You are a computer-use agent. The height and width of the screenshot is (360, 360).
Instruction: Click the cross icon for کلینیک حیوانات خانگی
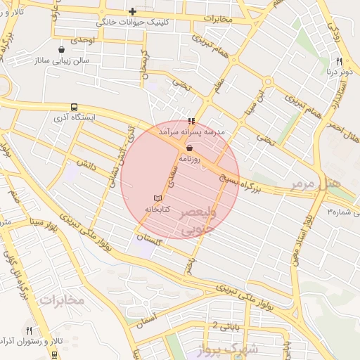coord(132,11)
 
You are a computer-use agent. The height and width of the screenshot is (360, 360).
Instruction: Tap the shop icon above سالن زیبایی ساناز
coord(63,50)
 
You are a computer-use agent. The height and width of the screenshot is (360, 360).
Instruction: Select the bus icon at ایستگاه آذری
coord(74,108)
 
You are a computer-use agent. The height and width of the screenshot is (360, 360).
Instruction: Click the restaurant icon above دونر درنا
coord(339,61)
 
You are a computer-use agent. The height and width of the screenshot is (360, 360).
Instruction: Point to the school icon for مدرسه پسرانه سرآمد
coord(192,121)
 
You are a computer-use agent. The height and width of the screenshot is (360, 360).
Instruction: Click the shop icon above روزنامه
coord(190,148)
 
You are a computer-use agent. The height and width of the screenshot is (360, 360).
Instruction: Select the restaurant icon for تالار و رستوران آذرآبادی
coord(29,330)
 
